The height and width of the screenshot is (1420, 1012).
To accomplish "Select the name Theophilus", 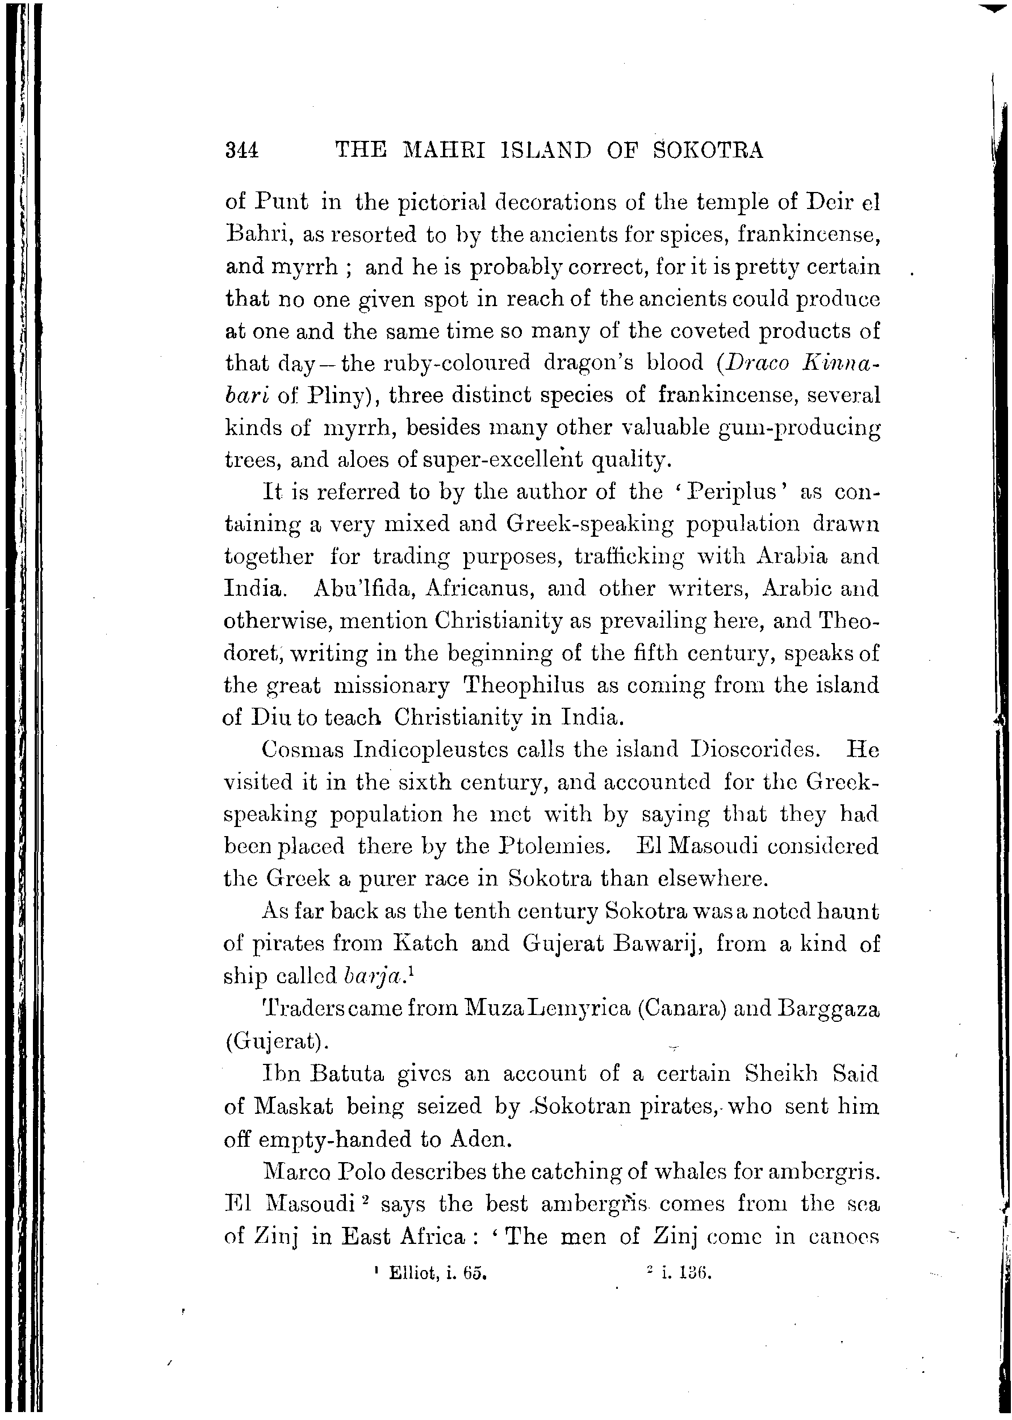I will tap(525, 686).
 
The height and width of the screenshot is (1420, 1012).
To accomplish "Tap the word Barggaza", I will tap(829, 1008).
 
